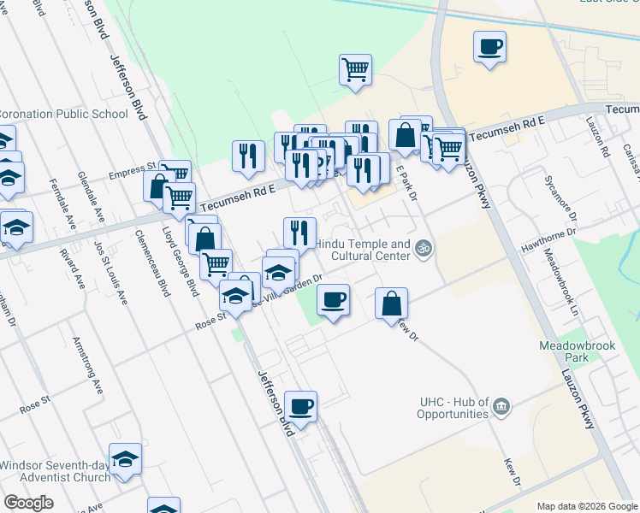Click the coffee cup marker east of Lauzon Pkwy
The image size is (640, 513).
(x=490, y=46)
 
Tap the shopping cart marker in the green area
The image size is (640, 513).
(x=355, y=69)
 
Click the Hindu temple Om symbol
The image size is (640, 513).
(x=422, y=249)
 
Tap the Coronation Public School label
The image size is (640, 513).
(x=62, y=114)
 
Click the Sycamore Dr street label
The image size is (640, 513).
(x=554, y=193)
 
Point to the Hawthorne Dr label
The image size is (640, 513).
(x=548, y=240)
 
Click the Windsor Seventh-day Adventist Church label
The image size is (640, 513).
(x=56, y=471)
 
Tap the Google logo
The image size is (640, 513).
(x=28, y=503)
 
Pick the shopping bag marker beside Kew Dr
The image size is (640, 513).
(x=391, y=303)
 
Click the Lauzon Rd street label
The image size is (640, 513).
(x=605, y=139)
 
